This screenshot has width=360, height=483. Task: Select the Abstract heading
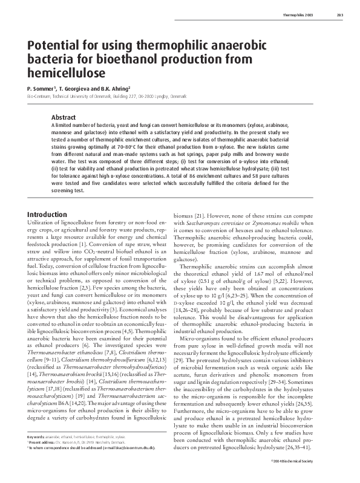[x=64, y=116]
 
